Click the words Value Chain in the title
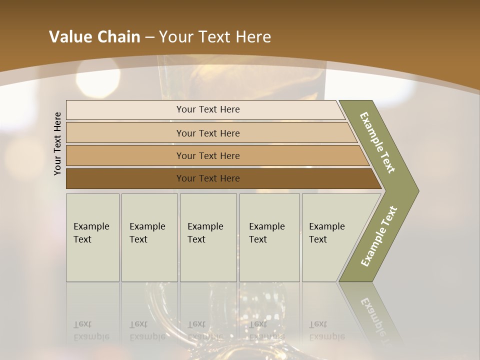(94, 37)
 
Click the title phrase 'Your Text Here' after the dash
(215, 37)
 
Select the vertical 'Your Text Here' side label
(57, 143)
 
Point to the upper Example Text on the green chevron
(377, 142)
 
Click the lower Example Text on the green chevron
(378, 236)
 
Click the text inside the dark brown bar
(208, 178)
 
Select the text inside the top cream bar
(208, 109)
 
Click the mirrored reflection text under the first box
(91, 330)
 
